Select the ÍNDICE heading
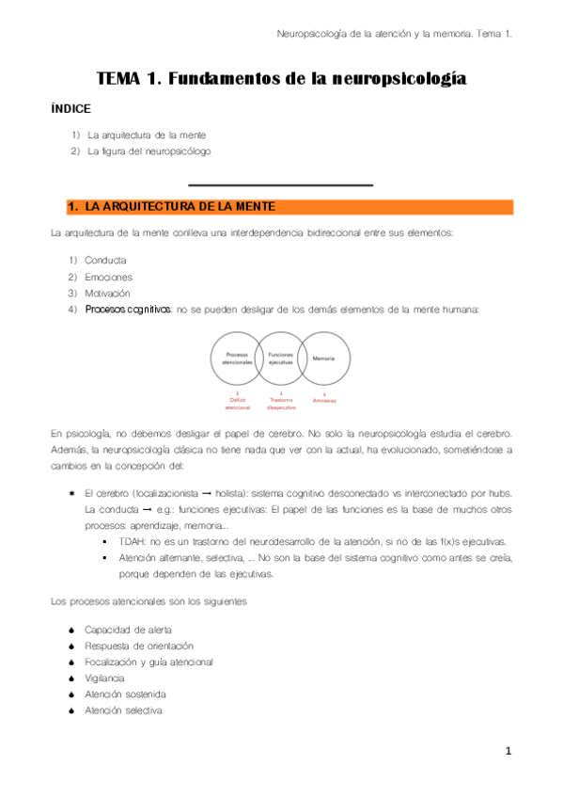[71, 109]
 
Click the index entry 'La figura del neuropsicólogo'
[149, 151]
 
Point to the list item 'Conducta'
[105, 260]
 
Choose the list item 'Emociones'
[108, 277]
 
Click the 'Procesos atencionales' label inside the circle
[238, 359]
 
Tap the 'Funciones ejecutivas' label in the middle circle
[281, 358]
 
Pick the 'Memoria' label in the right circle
[324, 359]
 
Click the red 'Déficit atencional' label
[238, 405]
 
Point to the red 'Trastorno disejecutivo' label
[281, 405]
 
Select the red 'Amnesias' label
[324, 401]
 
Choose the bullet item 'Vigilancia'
[103, 678]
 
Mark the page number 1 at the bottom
[508, 752]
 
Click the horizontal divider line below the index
[281, 185]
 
